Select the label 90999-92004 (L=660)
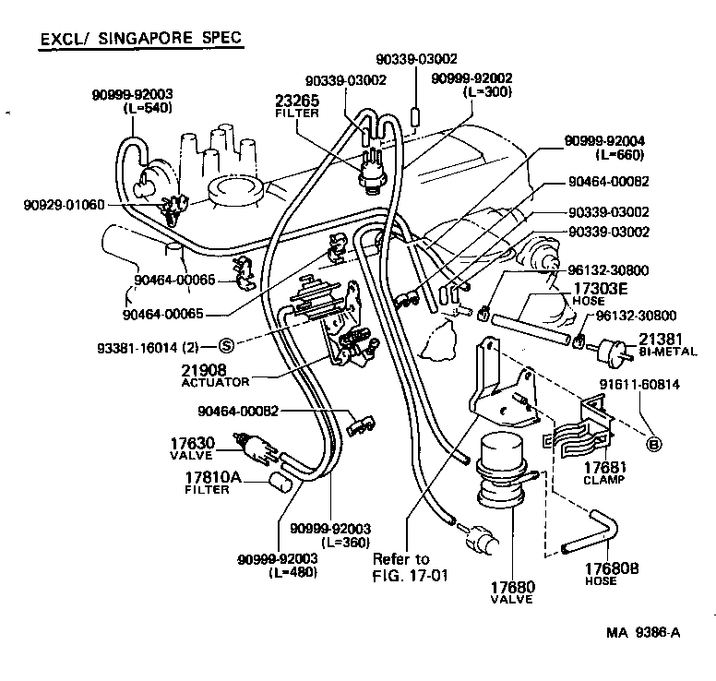[604, 148]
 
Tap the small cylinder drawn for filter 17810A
[279, 482]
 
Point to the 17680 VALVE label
[512, 591]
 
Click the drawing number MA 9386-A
[643, 633]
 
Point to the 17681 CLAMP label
[604, 473]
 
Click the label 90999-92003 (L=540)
[132, 100]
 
